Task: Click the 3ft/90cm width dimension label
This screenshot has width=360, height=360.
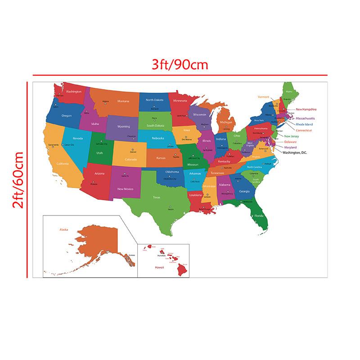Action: [x=180, y=65]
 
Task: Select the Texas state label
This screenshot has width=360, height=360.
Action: [x=157, y=197]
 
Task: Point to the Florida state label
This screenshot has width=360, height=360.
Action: [x=259, y=216]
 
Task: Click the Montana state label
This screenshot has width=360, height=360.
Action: [x=123, y=101]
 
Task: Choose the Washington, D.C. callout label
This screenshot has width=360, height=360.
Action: [x=295, y=153]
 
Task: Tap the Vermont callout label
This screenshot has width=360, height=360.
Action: [x=263, y=97]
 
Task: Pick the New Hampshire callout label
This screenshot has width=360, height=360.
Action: [x=306, y=109]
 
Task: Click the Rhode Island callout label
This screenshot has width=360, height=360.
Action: [x=304, y=124]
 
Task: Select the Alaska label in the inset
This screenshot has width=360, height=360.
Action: [x=63, y=229]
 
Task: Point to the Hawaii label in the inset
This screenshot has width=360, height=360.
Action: [x=159, y=267]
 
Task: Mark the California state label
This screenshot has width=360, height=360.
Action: [x=63, y=164]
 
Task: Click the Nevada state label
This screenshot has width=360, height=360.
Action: [x=78, y=138]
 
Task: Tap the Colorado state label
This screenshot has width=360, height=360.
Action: [x=131, y=159]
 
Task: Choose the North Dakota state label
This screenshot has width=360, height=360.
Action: [x=154, y=100]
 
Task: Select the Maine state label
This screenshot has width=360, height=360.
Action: [x=289, y=92]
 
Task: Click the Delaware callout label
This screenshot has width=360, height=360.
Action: [x=290, y=142]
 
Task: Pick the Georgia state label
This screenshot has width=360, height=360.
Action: [x=244, y=191]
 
